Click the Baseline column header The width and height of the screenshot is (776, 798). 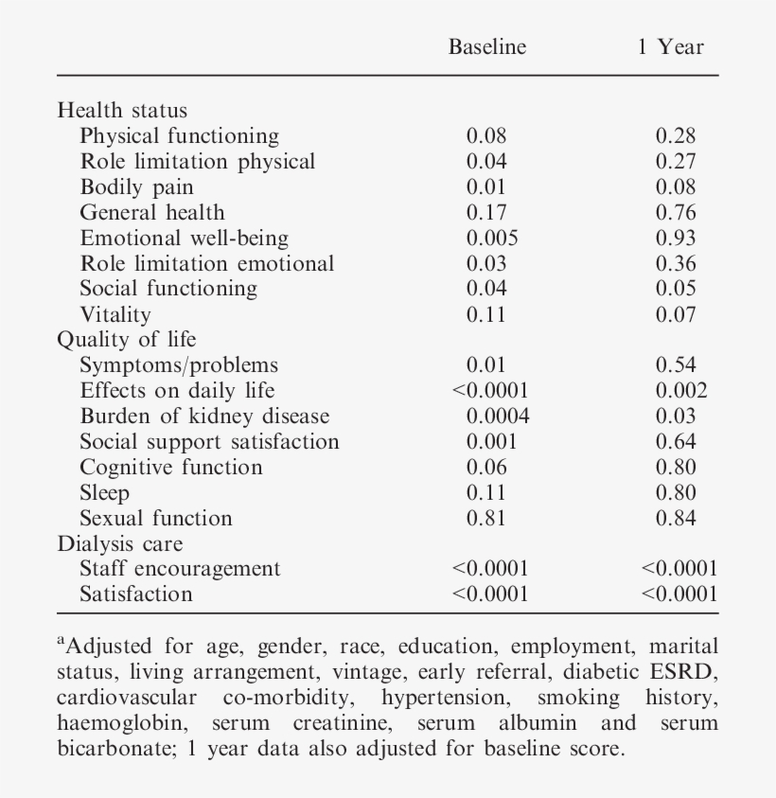coord(487,47)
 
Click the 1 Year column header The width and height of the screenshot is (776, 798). coord(670,47)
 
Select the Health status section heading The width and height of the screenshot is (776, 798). coord(122,110)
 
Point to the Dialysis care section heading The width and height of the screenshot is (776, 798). coord(120,543)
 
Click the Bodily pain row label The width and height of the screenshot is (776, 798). coord(136,186)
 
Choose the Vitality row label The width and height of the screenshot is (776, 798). coord(115,314)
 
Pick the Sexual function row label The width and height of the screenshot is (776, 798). coord(155,518)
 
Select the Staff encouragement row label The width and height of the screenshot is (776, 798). coord(180,569)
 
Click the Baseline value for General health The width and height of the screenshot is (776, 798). coord(486,212)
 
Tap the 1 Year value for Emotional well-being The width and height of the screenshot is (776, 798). coord(676,238)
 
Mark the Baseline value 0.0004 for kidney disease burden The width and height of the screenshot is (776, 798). coord(498,416)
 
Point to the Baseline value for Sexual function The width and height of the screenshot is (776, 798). coord(486,518)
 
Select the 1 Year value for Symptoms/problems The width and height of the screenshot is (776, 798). coord(676,364)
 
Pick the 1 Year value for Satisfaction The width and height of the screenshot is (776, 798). coord(679,594)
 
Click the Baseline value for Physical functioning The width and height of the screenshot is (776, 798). coord(486,135)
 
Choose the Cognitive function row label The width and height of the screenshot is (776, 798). coord(171,467)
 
